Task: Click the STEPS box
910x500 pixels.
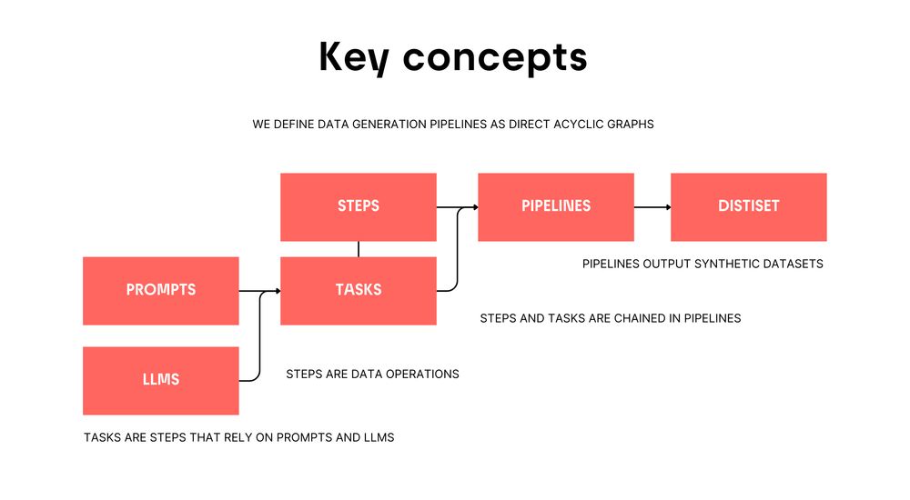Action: pyautogui.click(x=358, y=207)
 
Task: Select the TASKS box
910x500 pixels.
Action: pyautogui.click(x=358, y=291)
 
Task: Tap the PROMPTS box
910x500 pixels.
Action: pyautogui.click(x=161, y=291)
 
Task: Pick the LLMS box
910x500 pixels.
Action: pyautogui.click(x=161, y=381)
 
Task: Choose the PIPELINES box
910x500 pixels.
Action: pyautogui.click(x=556, y=207)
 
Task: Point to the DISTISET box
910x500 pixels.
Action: pyautogui.click(x=749, y=207)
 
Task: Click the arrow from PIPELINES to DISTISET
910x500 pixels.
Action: pyautogui.click(x=652, y=207)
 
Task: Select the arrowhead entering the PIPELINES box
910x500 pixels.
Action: pyautogui.click(x=475, y=207)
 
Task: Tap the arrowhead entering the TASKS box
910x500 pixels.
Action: pyautogui.click(x=278, y=291)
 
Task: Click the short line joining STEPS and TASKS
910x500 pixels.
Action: pyautogui.click(x=359, y=249)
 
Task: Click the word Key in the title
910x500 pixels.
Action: pyautogui.click(x=354, y=57)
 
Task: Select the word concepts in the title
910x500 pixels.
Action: pyautogui.click(x=495, y=59)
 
